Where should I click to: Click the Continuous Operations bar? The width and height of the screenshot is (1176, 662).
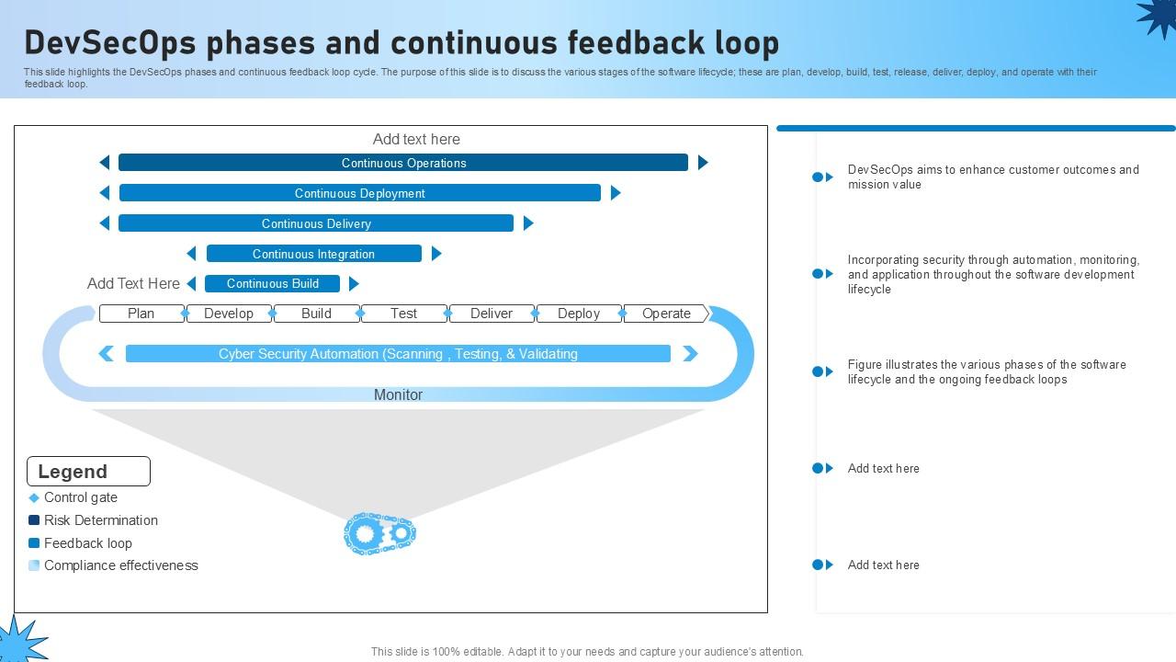click(403, 163)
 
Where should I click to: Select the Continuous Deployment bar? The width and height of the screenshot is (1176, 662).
click(359, 193)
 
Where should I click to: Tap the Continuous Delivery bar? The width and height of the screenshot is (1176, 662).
click(316, 223)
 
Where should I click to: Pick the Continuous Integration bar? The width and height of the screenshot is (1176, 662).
click(313, 254)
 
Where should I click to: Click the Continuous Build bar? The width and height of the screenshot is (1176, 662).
click(272, 283)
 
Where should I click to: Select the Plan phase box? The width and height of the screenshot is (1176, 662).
click(141, 314)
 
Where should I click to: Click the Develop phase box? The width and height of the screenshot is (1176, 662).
click(229, 314)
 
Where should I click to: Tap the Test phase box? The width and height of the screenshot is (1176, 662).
click(404, 314)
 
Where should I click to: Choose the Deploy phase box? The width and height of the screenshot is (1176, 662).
click(579, 314)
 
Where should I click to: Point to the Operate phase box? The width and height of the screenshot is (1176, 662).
click(666, 314)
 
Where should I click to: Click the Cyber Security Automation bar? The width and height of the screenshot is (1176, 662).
click(398, 354)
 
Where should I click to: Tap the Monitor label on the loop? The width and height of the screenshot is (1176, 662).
click(398, 394)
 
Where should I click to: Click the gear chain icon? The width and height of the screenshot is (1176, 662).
click(379, 533)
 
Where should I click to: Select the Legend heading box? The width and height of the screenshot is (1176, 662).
click(88, 472)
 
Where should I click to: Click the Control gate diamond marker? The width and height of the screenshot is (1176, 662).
click(34, 497)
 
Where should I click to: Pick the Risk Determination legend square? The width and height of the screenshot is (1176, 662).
click(34, 520)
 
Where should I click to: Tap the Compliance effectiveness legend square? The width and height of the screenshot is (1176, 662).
click(34, 565)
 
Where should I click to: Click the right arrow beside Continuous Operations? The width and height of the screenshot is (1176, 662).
click(703, 163)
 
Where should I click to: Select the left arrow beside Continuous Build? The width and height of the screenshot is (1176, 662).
click(191, 283)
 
